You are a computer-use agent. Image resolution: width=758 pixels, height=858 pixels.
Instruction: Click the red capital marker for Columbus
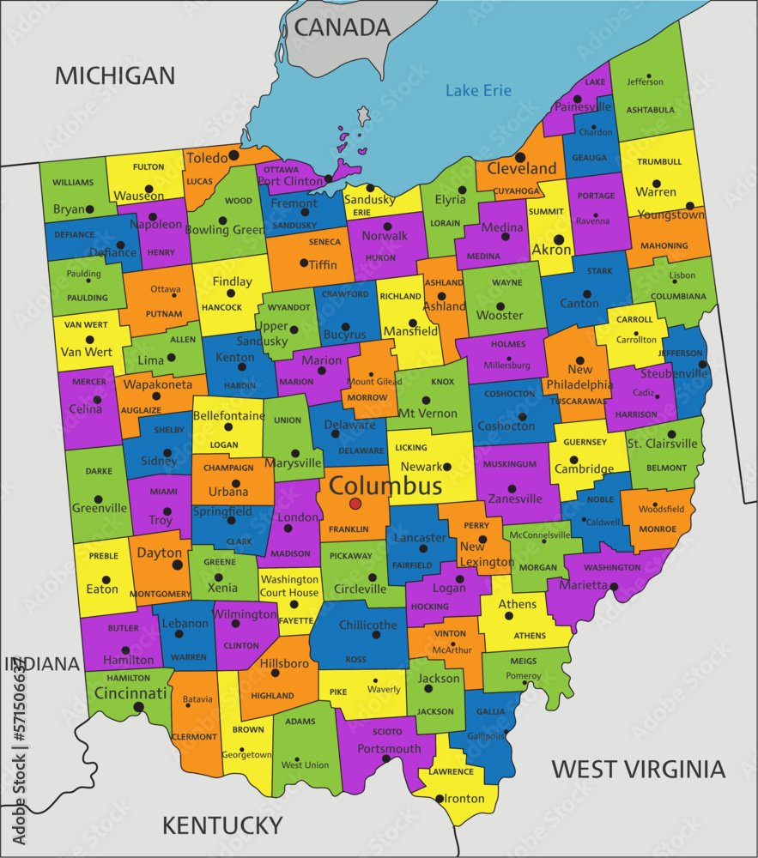[355, 504]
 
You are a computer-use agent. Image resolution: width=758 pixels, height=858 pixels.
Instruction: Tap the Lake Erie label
[478, 91]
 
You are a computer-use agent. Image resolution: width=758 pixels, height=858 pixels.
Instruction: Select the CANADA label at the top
[343, 27]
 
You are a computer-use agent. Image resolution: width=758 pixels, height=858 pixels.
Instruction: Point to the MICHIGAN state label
[115, 76]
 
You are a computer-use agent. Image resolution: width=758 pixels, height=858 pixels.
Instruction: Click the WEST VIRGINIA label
[638, 768]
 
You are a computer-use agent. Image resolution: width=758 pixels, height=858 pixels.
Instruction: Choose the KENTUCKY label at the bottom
[222, 825]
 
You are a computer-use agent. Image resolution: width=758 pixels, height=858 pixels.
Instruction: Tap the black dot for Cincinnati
[138, 707]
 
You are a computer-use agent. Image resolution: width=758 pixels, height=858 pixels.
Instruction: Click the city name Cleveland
[522, 168]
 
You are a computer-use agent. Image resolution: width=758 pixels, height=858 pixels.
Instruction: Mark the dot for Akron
[559, 239]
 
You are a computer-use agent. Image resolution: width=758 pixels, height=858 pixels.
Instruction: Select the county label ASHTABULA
[650, 110]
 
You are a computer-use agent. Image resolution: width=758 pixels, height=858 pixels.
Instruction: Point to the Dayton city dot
[178, 565]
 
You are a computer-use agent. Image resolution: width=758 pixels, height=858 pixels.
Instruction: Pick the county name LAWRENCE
[452, 771]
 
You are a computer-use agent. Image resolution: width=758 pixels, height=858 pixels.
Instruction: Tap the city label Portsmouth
[389, 748]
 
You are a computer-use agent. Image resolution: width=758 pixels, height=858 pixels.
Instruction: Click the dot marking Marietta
[615, 586]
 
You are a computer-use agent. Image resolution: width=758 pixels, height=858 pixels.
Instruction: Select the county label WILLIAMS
[73, 183]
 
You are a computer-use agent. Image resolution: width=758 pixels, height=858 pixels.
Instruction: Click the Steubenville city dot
[702, 365]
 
